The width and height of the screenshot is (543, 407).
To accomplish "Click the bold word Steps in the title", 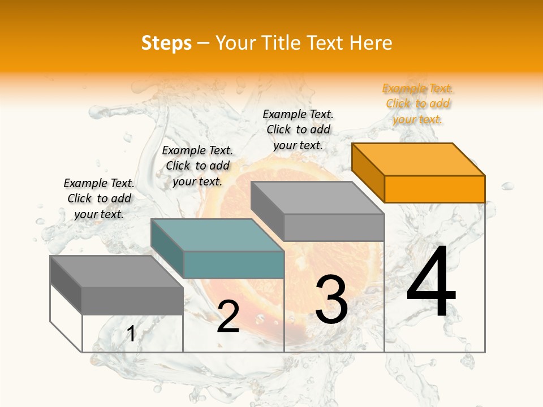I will click(x=166, y=43).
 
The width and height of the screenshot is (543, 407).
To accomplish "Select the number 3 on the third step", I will click(x=331, y=300).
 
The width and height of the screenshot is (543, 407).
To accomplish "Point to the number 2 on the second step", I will click(x=228, y=317).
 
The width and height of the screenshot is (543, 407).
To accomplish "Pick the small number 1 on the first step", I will click(x=131, y=334).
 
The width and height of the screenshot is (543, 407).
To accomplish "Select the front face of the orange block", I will click(x=434, y=189).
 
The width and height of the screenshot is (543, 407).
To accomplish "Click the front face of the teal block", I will click(x=233, y=265).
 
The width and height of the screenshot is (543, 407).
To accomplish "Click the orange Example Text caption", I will click(x=417, y=104).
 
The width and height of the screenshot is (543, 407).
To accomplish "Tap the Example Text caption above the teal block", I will click(x=197, y=166).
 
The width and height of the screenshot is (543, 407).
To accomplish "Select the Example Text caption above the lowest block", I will click(x=99, y=198).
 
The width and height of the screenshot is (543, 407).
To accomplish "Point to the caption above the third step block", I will click(x=298, y=129).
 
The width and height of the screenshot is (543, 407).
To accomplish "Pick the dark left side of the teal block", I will click(x=167, y=248).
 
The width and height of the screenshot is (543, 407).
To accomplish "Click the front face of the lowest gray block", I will click(x=132, y=300).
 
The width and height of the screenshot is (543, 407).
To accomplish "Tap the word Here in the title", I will click(x=371, y=43).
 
